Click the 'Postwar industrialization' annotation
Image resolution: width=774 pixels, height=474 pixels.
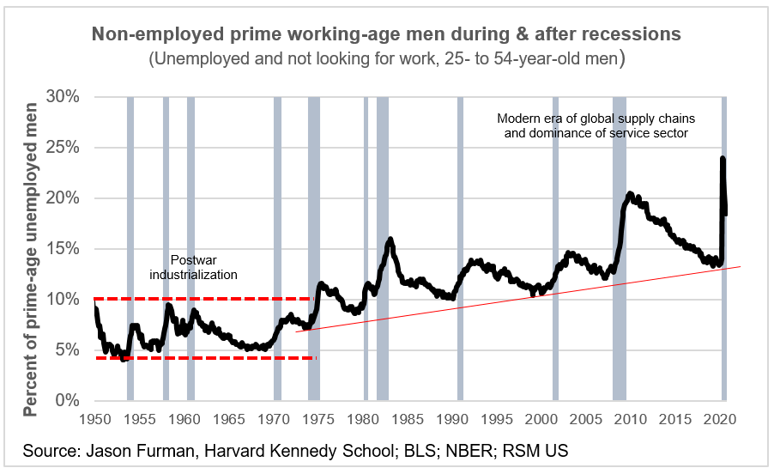point(193,266)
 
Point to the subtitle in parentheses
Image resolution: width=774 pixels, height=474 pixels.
point(386,60)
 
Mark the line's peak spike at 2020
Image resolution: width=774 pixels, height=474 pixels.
point(723,159)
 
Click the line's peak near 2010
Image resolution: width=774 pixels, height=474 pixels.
point(630,195)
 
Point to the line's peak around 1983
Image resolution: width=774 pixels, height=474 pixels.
point(390,240)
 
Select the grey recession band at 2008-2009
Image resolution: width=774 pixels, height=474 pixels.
point(619,249)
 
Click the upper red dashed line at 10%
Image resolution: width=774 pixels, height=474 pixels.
point(206,299)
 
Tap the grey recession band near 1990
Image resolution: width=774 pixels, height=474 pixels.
point(461,249)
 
